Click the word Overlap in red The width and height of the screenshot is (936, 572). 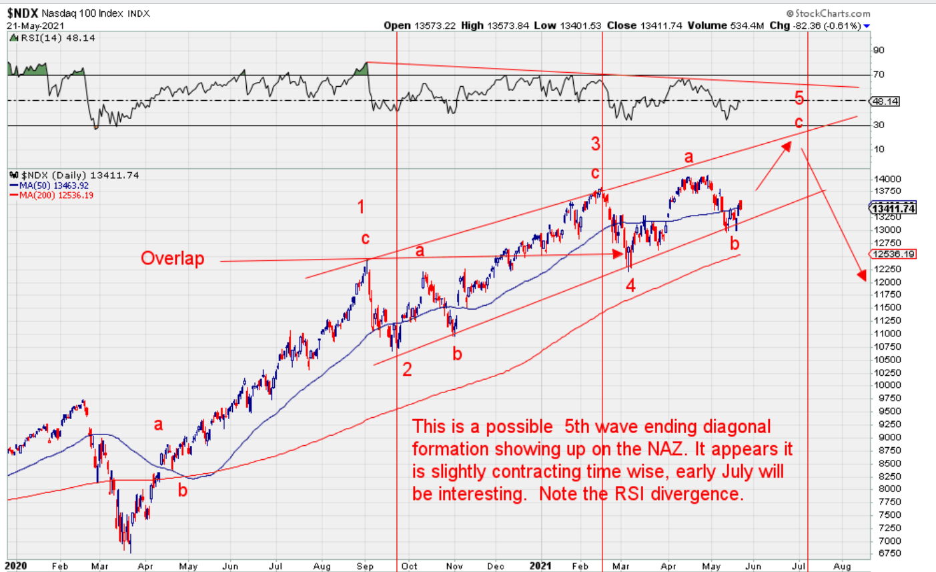pyautogui.click(x=172, y=258)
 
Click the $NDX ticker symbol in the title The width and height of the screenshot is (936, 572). pyautogui.click(x=23, y=13)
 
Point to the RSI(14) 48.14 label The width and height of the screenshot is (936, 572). pyautogui.click(x=57, y=38)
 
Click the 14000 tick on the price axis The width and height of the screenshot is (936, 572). pyautogui.click(x=889, y=179)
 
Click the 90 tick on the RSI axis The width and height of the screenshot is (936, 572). pyautogui.click(x=879, y=50)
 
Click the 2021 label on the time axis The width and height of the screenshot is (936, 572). pyautogui.click(x=540, y=566)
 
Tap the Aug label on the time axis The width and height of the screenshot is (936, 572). pyautogui.click(x=842, y=566)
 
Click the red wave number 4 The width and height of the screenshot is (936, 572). pyautogui.click(x=630, y=286)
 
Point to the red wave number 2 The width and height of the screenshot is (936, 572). pyautogui.click(x=407, y=369)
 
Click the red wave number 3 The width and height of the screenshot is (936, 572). pyautogui.click(x=596, y=144)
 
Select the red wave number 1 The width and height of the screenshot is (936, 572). pyautogui.click(x=361, y=207)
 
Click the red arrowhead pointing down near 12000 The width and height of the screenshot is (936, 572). pyautogui.click(x=861, y=274)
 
